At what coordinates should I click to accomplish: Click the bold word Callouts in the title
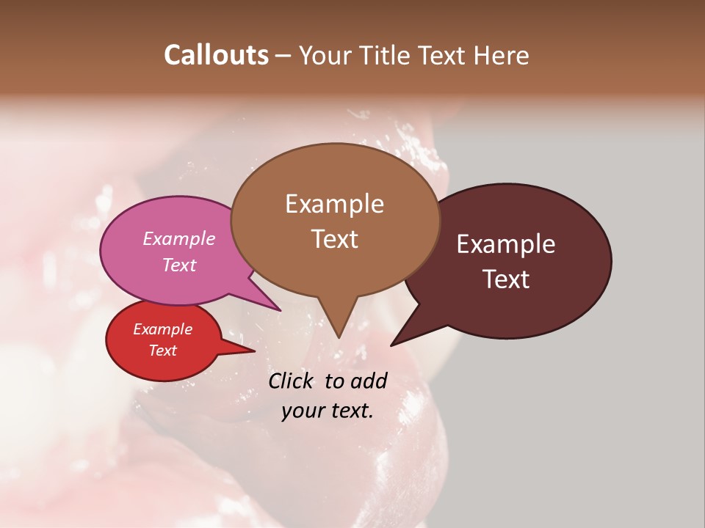pos(216,55)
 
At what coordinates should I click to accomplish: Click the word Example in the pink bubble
pos(178,238)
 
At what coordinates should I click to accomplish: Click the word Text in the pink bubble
pos(178,265)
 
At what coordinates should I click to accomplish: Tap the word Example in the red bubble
pos(162,329)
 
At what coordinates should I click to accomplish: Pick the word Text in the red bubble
pos(162,351)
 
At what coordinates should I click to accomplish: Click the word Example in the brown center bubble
pos(334,204)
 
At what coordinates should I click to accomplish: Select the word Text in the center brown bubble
pos(334,239)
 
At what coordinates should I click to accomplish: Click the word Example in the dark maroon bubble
pos(505,244)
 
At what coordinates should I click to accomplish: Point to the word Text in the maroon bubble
pos(506,279)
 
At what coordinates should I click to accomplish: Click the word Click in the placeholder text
pos(292,381)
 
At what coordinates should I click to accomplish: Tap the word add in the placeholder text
pos(368,381)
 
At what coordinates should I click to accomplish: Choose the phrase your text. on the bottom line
pos(327,411)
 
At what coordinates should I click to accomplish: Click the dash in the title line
pos(283,55)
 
